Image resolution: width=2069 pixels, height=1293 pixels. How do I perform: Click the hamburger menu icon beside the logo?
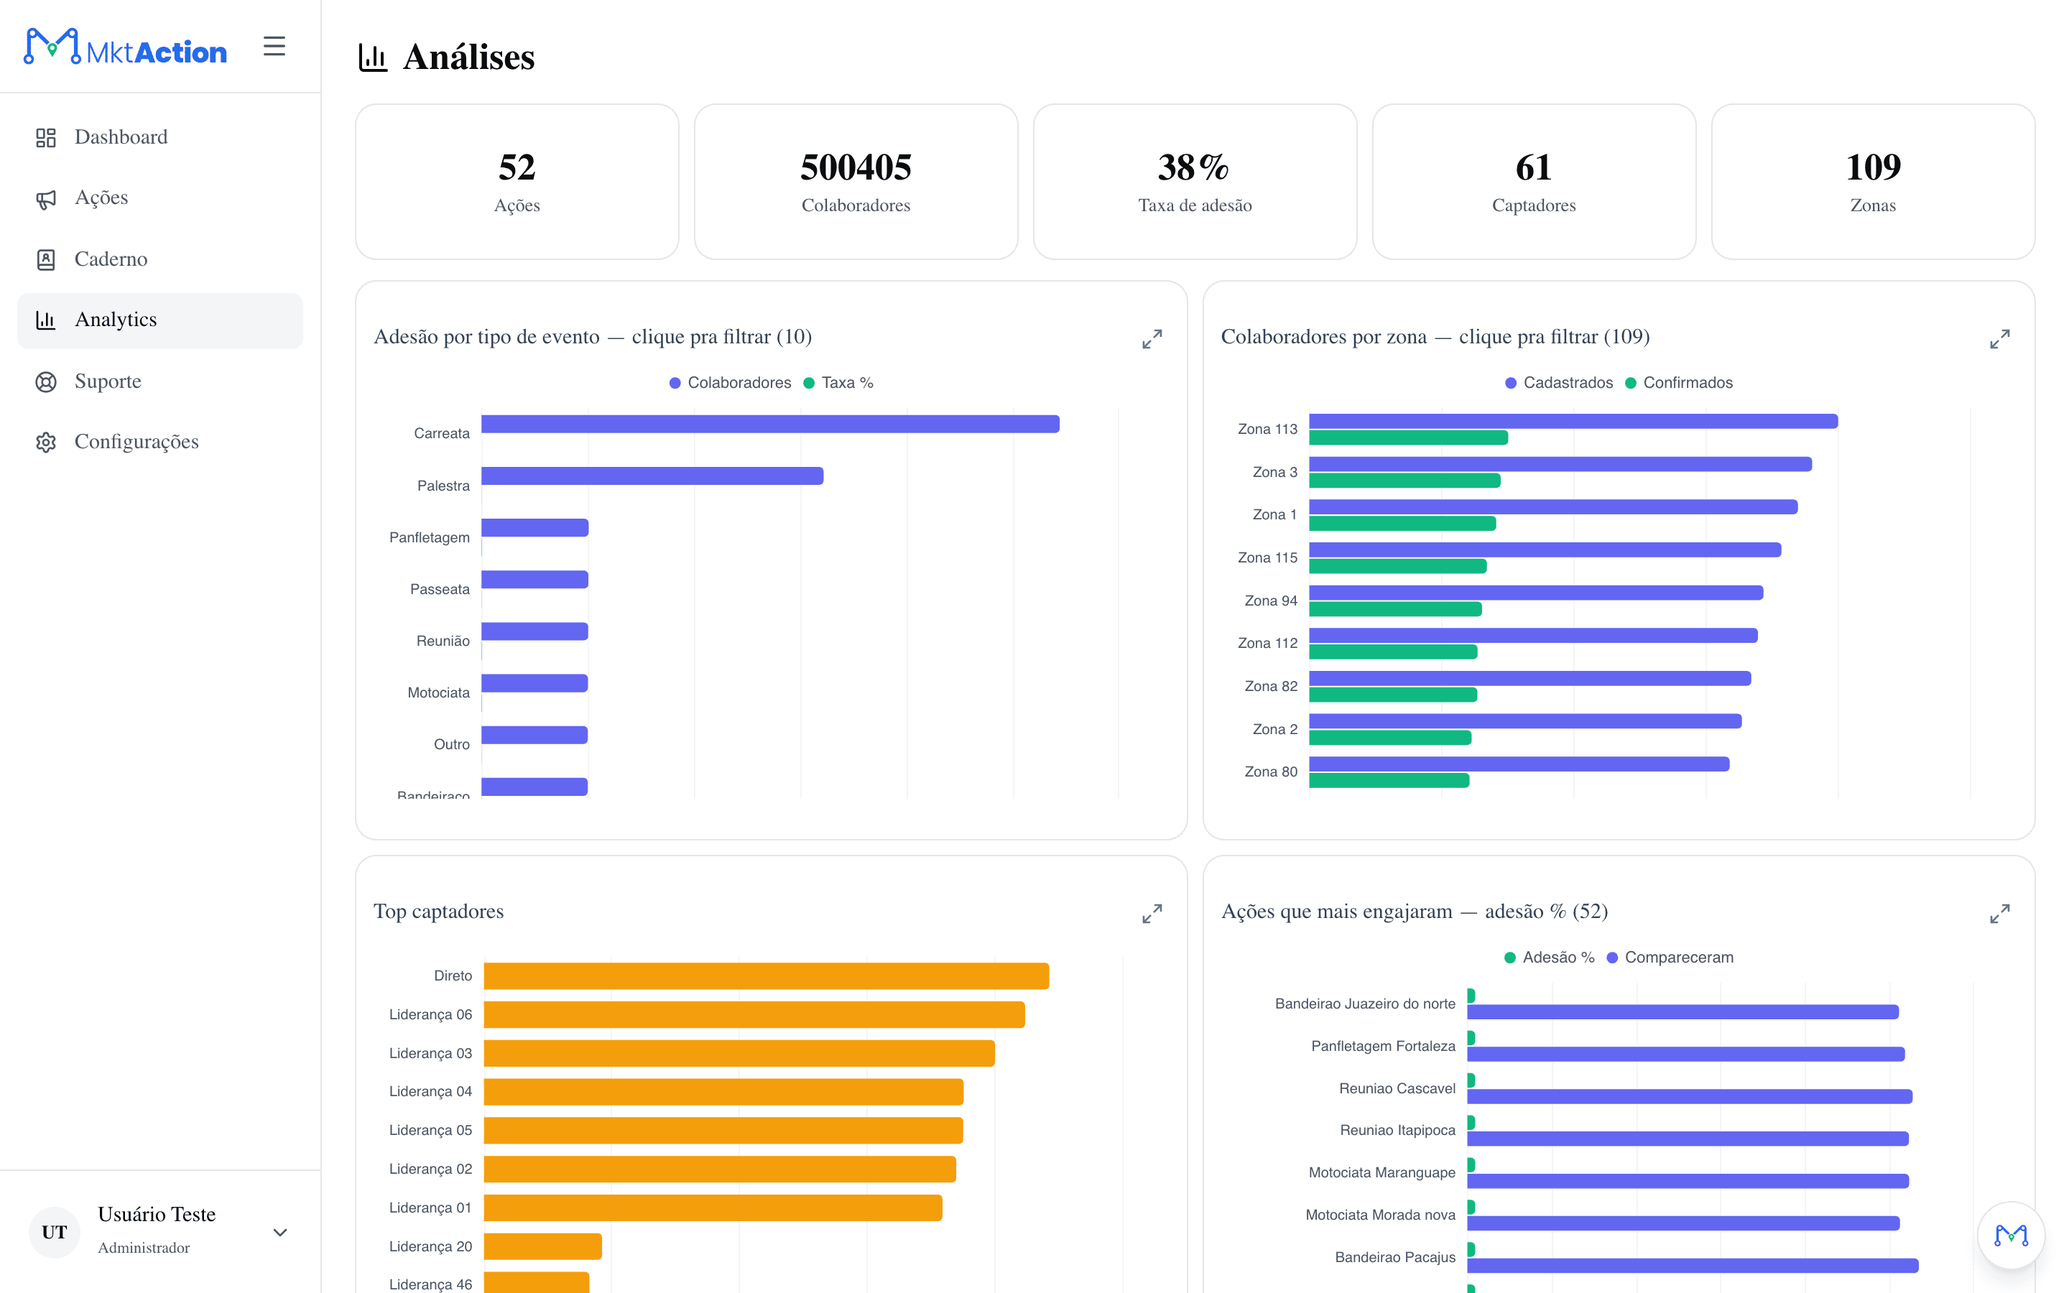click(x=274, y=46)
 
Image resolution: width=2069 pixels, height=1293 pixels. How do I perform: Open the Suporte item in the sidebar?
click(x=108, y=381)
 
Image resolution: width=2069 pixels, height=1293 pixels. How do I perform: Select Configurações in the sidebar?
click(x=136, y=442)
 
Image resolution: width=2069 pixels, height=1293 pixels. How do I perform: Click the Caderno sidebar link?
click(x=111, y=259)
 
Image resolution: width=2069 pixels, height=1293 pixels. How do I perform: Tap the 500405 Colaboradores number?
click(x=856, y=167)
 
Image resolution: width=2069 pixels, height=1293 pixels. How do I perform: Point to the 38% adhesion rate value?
click(x=1193, y=167)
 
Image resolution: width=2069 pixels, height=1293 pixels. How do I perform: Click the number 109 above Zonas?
click(x=1872, y=167)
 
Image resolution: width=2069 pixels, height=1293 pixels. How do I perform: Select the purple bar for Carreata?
click(x=770, y=424)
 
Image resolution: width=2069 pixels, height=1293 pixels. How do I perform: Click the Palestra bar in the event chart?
click(x=652, y=476)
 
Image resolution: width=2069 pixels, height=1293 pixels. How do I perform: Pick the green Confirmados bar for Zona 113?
click(x=1408, y=438)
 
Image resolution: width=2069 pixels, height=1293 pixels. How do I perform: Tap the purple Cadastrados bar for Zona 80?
click(x=1519, y=764)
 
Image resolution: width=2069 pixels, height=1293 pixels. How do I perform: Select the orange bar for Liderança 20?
click(x=543, y=1246)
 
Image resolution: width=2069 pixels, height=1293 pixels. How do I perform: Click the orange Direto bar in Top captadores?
click(x=766, y=975)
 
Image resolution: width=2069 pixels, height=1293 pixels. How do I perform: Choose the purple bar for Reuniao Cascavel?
click(x=1690, y=1096)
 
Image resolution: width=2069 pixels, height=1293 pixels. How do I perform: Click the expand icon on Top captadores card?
click(x=1152, y=913)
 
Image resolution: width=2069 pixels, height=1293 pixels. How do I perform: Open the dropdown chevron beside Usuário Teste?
click(x=279, y=1232)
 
